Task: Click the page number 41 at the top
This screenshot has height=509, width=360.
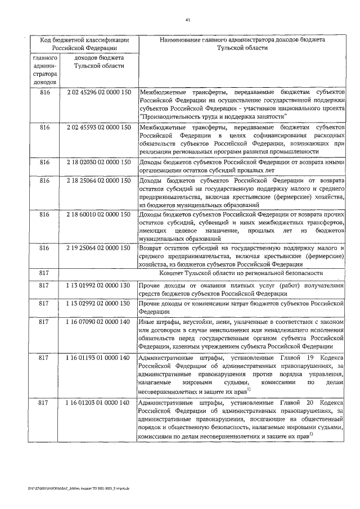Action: [187, 20]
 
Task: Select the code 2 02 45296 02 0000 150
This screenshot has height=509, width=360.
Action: [98, 92]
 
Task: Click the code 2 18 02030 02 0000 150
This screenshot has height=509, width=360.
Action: [98, 163]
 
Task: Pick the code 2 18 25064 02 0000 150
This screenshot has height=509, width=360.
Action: [98, 181]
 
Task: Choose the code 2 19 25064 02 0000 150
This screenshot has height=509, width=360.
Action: [98, 249]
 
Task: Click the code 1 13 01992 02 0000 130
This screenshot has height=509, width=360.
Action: [98, 286]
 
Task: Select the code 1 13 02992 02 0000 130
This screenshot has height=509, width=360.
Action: [98, 304]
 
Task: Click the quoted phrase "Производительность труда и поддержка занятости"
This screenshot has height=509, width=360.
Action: [214, 116]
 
